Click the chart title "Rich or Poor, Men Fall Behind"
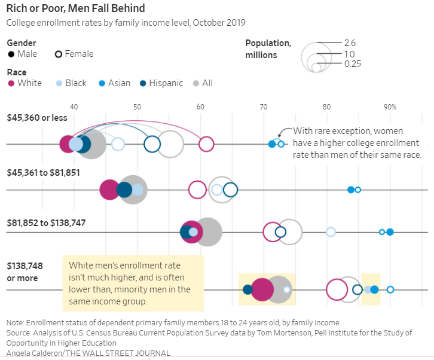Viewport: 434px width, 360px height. [x=75, y=9]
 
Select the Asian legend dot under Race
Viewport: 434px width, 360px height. [x=102, y=83]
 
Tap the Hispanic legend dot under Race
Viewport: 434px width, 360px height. [x=143, y=83]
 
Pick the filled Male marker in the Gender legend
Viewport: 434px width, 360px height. [x=11, y=54]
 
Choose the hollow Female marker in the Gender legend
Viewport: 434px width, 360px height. [x=59, y=54]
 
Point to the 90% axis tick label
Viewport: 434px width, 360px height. [x=390, y=107]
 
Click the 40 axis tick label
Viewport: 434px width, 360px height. [x=74, y=107]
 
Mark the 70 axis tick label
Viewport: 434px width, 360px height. [x=264, y=107]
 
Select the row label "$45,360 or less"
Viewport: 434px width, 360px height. [x=36, y=118]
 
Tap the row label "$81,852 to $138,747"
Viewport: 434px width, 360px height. [x=47, y=222]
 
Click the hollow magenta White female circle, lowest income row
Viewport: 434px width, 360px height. [x=206, y=144]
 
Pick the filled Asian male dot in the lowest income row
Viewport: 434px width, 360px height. [x=272, y=144]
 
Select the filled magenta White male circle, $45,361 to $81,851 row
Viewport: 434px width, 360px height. [x=109, y=190]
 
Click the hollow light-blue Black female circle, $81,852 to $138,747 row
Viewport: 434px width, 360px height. [x=331, y=232]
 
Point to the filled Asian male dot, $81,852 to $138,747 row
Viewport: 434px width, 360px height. [x=390, y=232]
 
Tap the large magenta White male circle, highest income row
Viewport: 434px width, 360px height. [x=262, y=289]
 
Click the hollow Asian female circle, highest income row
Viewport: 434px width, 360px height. [x=390, y=289]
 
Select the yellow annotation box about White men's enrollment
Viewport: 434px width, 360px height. [x=133, y=283]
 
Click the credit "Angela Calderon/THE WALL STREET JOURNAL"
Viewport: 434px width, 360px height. [x=88, y=353]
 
